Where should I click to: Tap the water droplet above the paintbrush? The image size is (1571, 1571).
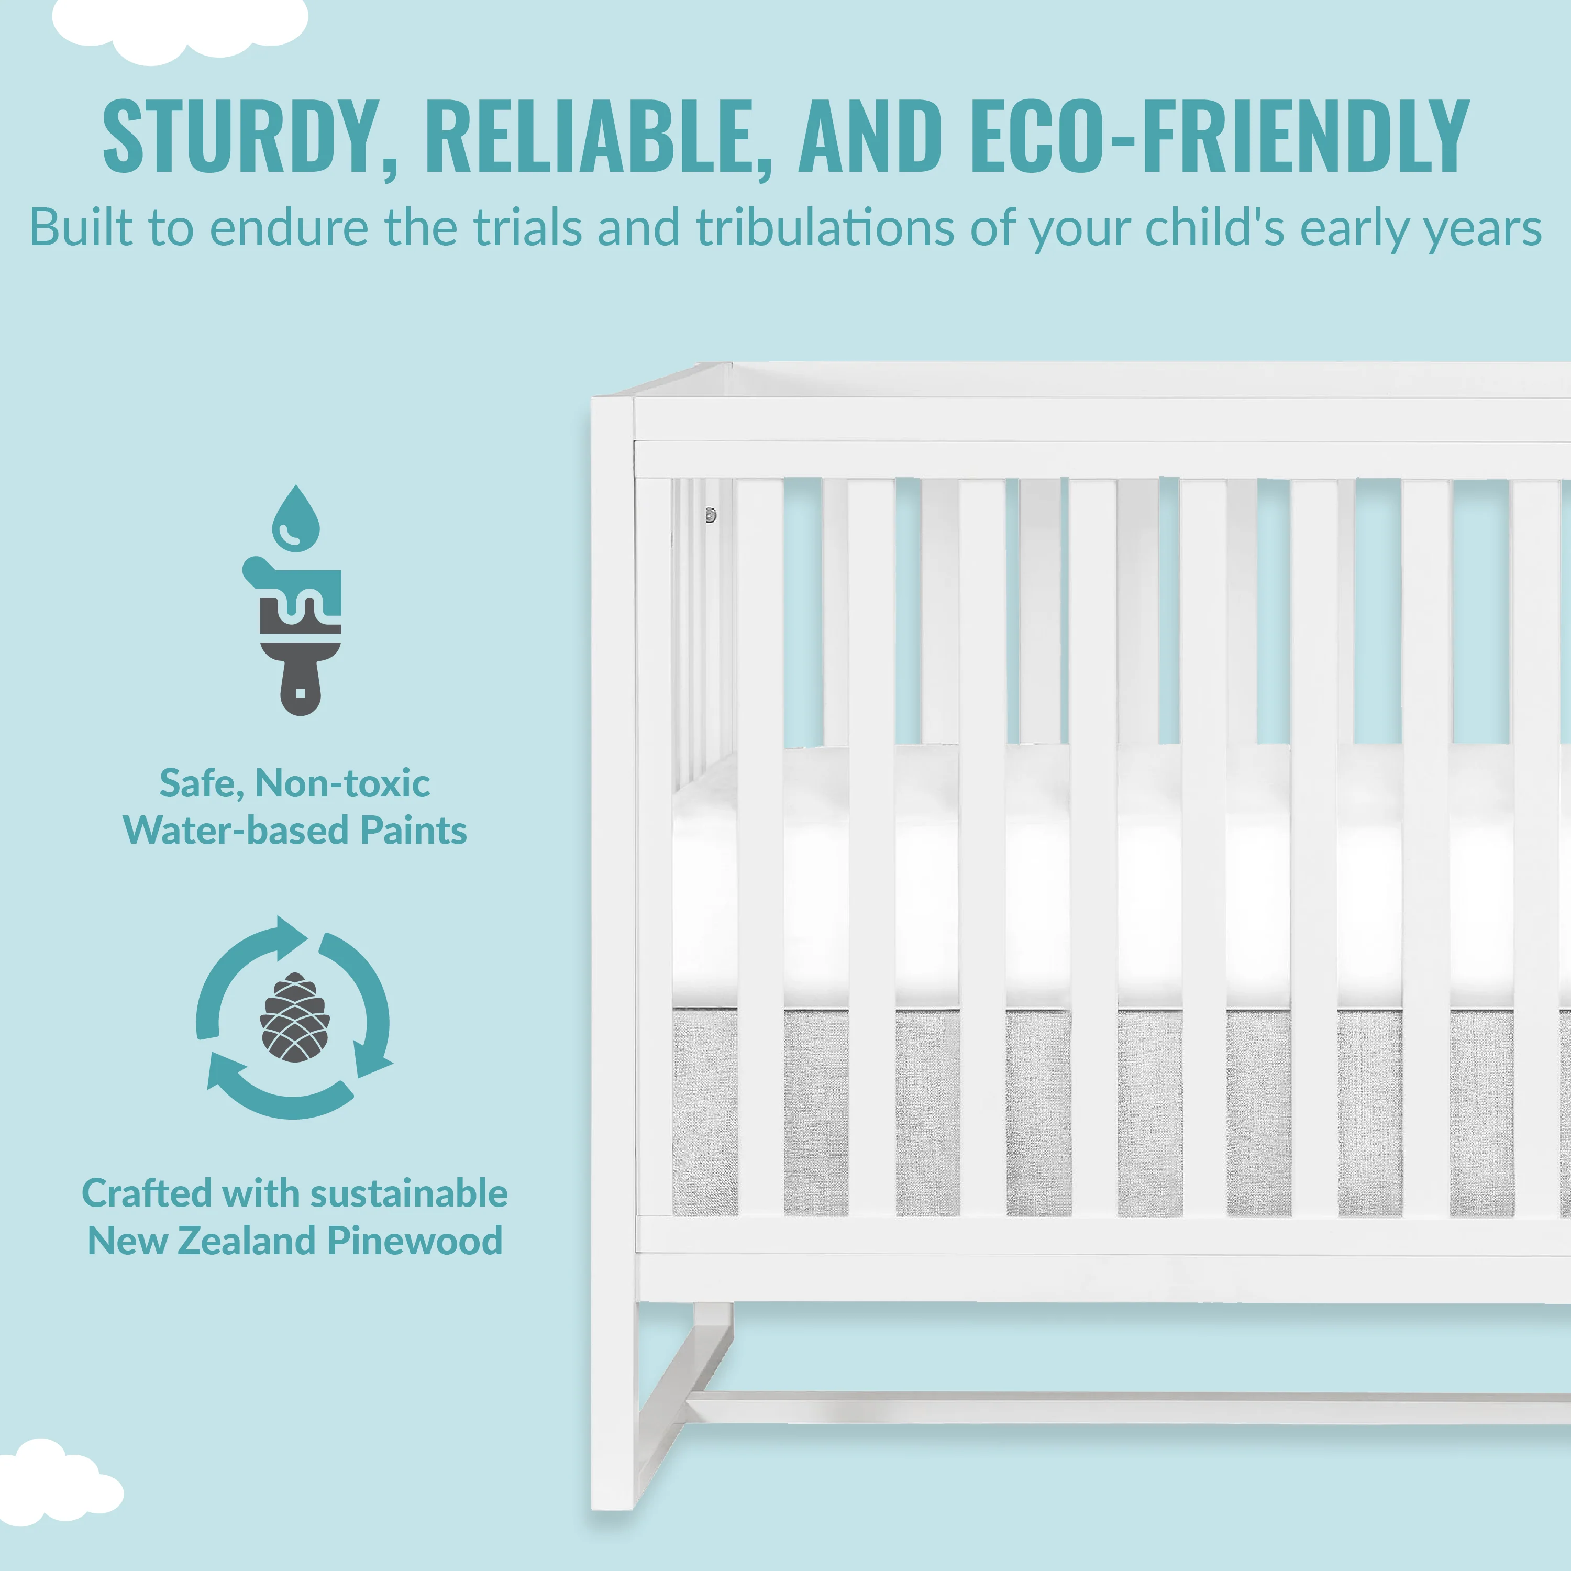(295, 518)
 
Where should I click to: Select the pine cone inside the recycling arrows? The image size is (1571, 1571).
(294, 1018)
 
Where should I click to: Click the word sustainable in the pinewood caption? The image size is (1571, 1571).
(409, 1194)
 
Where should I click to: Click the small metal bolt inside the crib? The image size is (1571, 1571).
(710, 515)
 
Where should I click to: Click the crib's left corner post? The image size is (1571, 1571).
(614, 952)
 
